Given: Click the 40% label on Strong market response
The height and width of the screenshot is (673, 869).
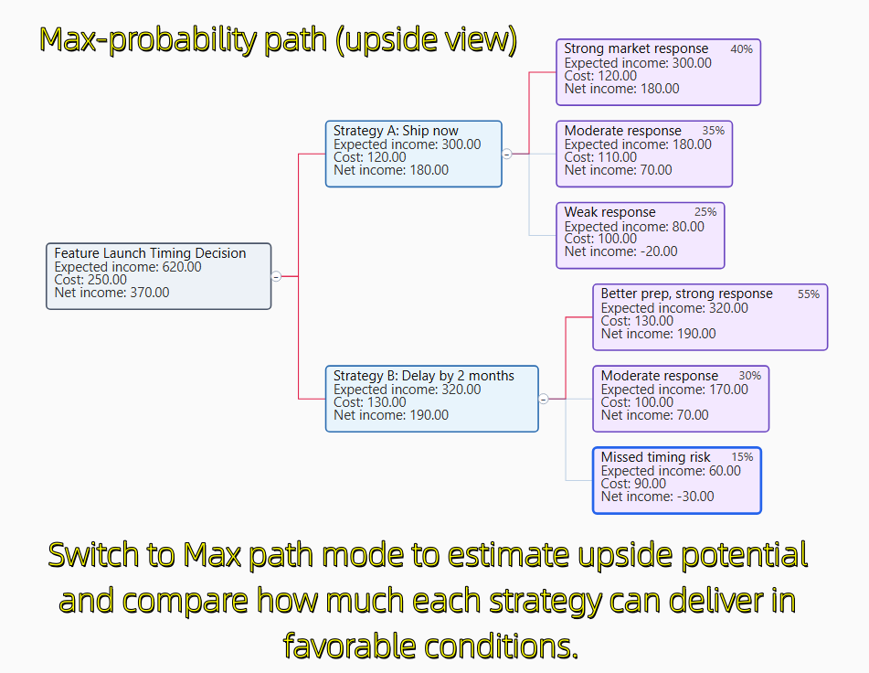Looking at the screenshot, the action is (x=742, y=49).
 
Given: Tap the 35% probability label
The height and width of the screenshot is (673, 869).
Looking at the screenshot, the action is (x=714, y=131).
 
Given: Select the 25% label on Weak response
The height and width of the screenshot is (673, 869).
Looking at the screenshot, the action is (x=705, y=212).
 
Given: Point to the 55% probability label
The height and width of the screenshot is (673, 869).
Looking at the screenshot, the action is (x=809, y=294).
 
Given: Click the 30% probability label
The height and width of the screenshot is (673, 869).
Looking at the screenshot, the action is (x=750, y=376).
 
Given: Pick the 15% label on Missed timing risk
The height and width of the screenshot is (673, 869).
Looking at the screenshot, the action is (x=742, y=457).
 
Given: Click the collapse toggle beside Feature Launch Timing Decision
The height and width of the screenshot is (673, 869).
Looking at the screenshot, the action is (x=276, y=276).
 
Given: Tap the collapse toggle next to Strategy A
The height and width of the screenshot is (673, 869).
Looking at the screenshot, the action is (x=506, y=155).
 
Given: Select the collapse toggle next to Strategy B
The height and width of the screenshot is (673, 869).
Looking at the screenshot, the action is (x=544, y=400).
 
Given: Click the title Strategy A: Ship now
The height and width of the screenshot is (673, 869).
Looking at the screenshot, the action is (x=396, y=131).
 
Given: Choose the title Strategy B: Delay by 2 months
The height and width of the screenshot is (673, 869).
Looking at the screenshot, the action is (x=424, y=376).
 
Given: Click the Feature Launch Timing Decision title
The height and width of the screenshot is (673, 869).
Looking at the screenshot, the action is (x=150, y=253).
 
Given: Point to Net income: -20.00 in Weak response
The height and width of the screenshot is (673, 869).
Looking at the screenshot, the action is (x=620, y=251).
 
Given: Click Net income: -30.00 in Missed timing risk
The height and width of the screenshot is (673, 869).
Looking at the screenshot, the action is (x=657, y=497).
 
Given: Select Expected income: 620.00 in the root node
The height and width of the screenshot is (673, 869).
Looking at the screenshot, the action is (x=128, y=267).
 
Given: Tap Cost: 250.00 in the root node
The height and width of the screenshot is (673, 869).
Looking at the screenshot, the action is (x=90, y=280).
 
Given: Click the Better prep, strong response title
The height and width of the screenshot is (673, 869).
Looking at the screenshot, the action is (x=686, y=294).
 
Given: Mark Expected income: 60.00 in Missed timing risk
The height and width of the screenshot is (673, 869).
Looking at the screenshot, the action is (x=671, y=471).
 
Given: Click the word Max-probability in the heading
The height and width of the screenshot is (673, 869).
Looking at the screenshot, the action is (x=148, y=40).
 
